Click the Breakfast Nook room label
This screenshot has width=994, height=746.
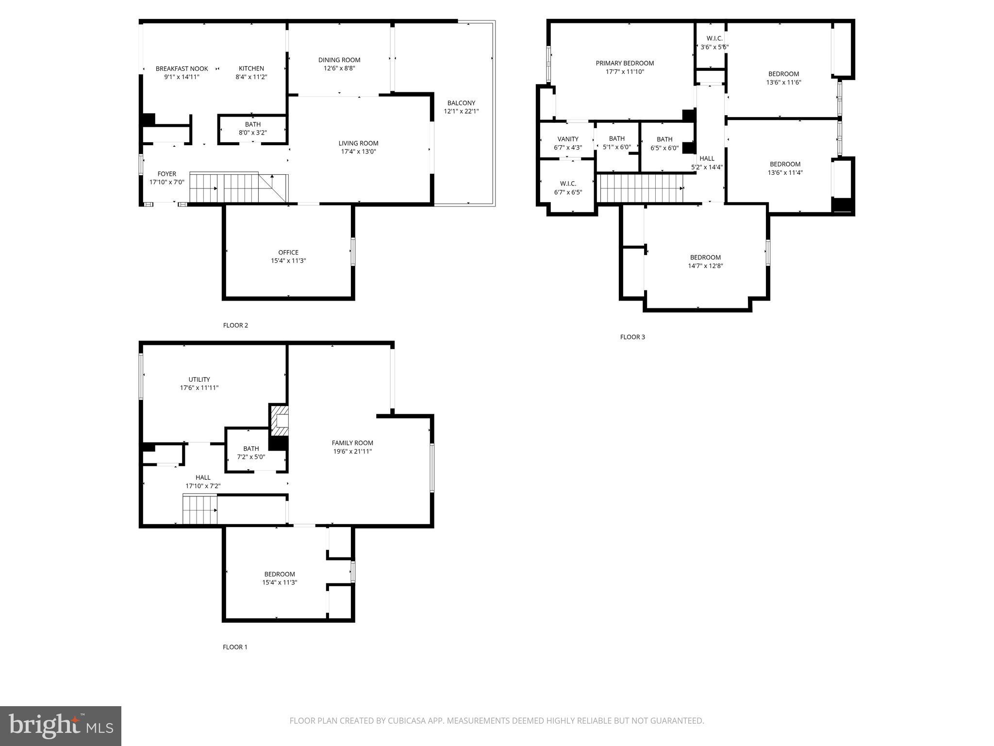coord(182,68)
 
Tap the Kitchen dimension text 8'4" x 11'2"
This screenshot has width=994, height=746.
coord(251,77)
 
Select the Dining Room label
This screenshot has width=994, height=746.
coord(339,60)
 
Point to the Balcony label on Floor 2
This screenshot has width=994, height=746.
coord(461,103)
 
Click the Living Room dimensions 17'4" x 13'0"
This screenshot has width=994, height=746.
coord(358,152)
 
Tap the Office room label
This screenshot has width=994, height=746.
coord(288,252)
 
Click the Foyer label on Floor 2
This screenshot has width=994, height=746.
coord(166,174)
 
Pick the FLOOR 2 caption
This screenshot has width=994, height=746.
coord(235,325)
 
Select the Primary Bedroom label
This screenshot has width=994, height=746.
coord(625,63)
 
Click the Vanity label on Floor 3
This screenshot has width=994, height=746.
coord(568,139)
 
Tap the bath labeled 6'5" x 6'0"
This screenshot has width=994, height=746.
coord(664,143)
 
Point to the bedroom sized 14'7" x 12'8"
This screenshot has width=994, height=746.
coord(705,261)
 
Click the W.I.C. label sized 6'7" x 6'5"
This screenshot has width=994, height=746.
coord(568,187)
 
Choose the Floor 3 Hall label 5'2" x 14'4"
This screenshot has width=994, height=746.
coord(707,162)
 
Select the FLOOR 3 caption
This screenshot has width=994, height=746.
coord(632,337)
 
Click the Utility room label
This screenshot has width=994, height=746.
coord(199,379)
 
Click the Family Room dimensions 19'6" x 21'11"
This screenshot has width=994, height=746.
coord(352,451)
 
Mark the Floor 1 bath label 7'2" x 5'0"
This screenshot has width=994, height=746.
coord(251,452)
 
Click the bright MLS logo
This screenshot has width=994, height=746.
coord(61,726)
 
